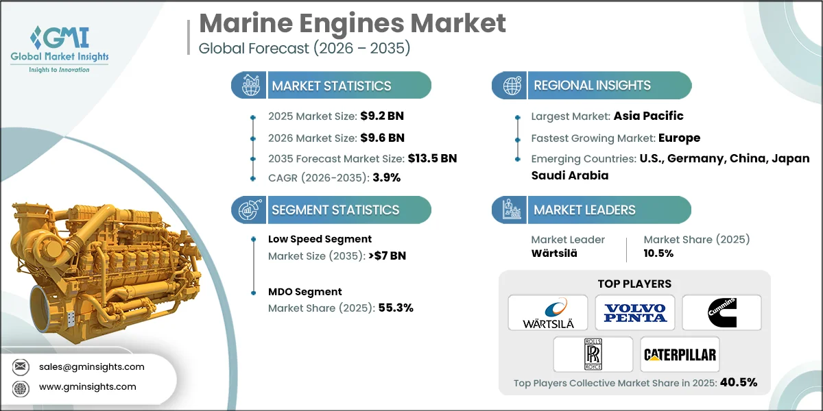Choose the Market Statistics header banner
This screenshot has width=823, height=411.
point(332,86)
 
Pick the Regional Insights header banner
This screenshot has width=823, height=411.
point(592,86)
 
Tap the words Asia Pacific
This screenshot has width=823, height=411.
point(648,116)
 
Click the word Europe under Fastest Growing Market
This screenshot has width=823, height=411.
point(679,138)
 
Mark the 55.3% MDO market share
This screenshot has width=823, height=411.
point(396,308)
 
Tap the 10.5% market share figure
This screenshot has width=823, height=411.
point(658,253)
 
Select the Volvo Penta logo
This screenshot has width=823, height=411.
point(634,312)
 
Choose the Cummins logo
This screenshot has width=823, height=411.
point(721,312)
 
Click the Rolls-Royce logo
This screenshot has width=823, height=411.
point(591,354)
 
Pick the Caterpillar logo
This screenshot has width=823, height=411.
point(679,354)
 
